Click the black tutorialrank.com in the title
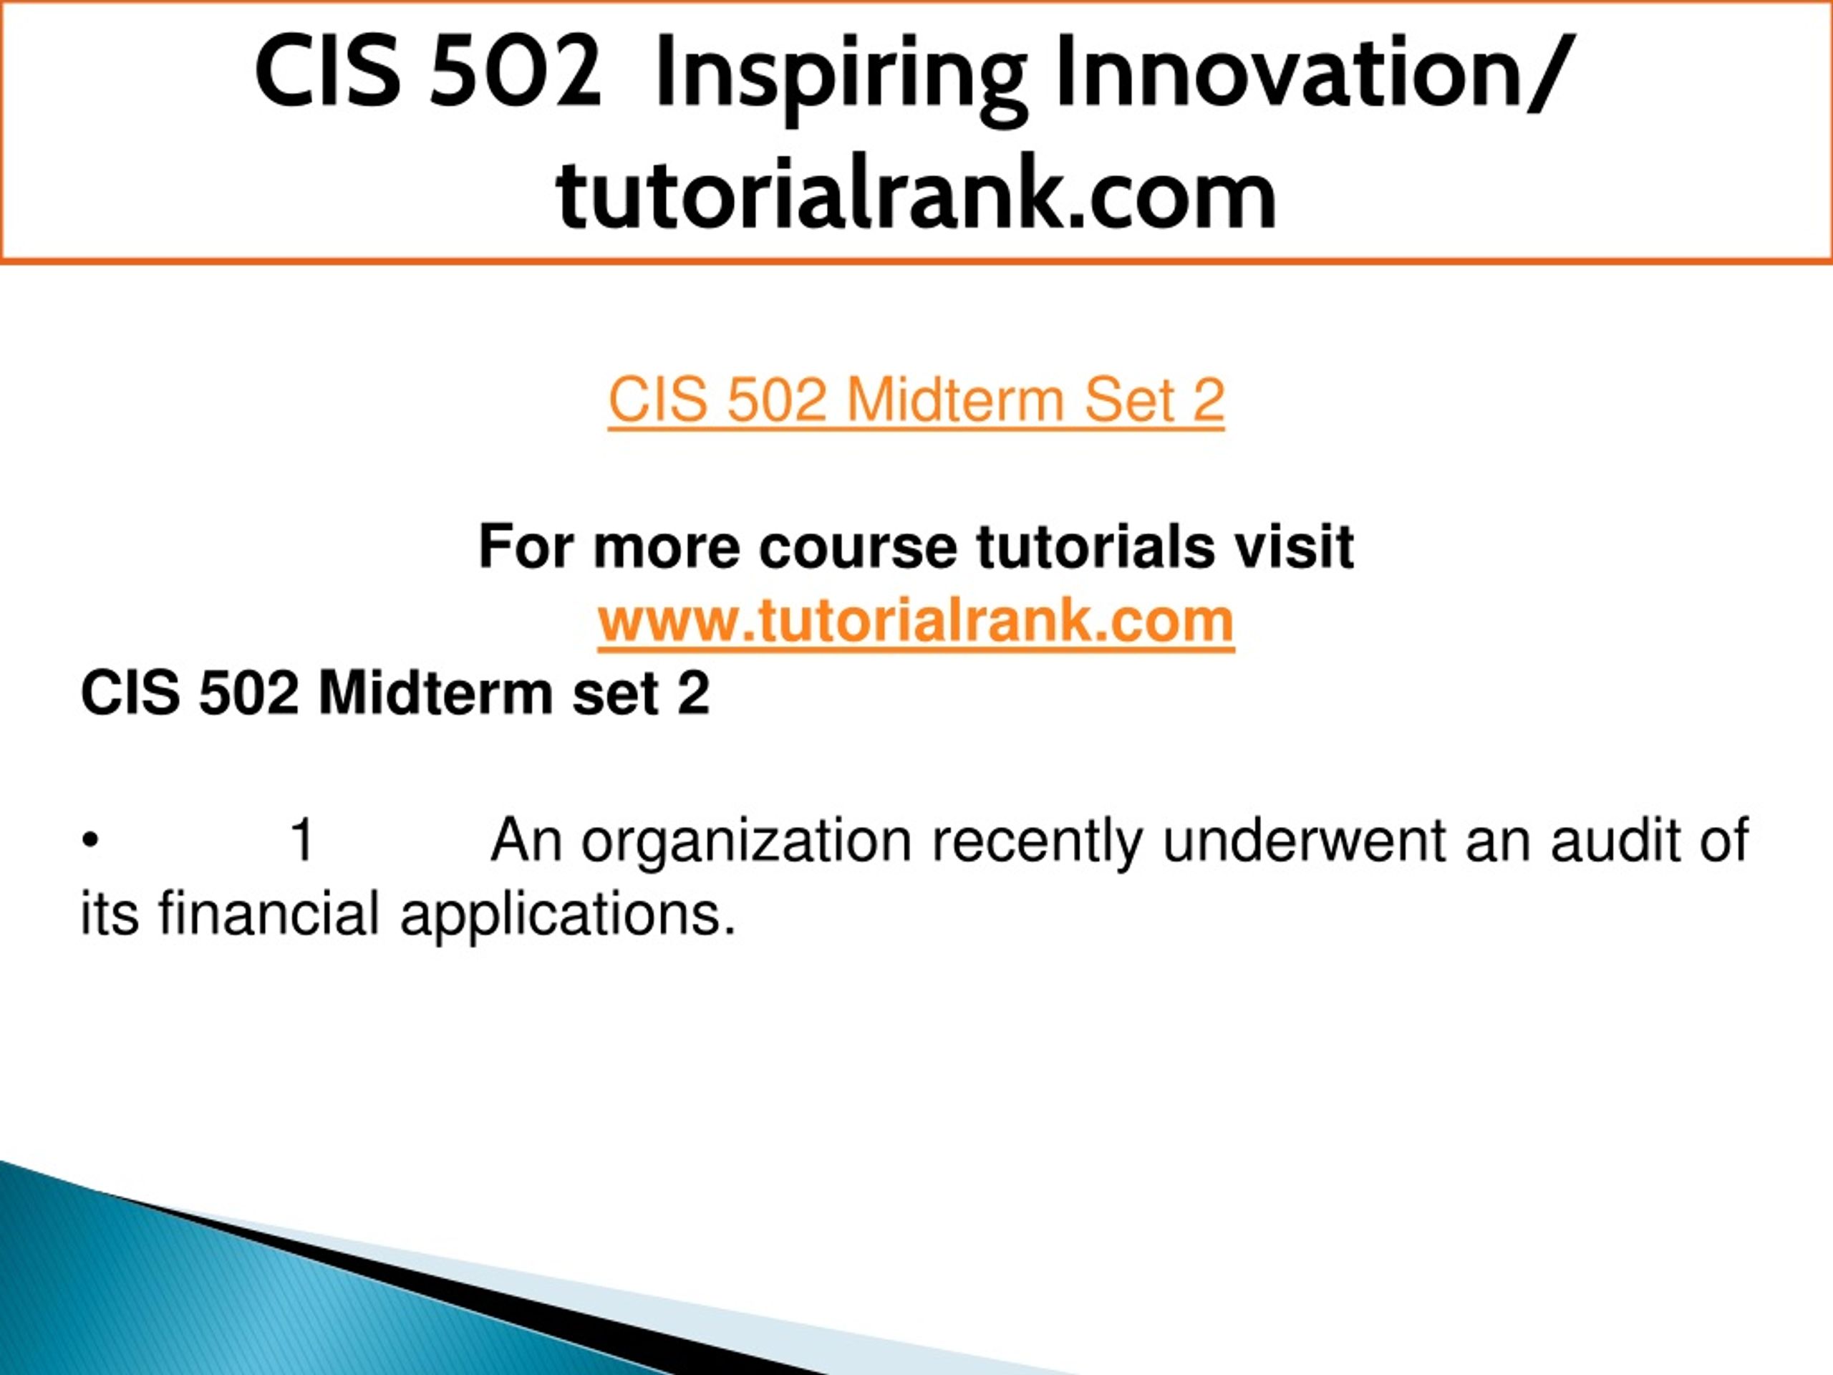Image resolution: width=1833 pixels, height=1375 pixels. tap(916, 194)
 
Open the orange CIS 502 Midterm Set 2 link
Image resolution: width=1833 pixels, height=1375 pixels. tap(916, 400)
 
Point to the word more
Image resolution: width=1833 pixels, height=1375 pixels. tap(666, 549)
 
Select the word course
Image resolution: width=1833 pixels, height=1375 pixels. tap(858, 549)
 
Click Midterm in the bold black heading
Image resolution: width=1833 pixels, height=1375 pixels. tap(435, 693)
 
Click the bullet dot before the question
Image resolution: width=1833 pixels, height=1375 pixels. tap(90, 842)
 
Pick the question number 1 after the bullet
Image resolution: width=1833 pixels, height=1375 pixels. tap(301, 839)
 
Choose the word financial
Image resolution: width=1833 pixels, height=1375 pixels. tap(269, 912)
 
